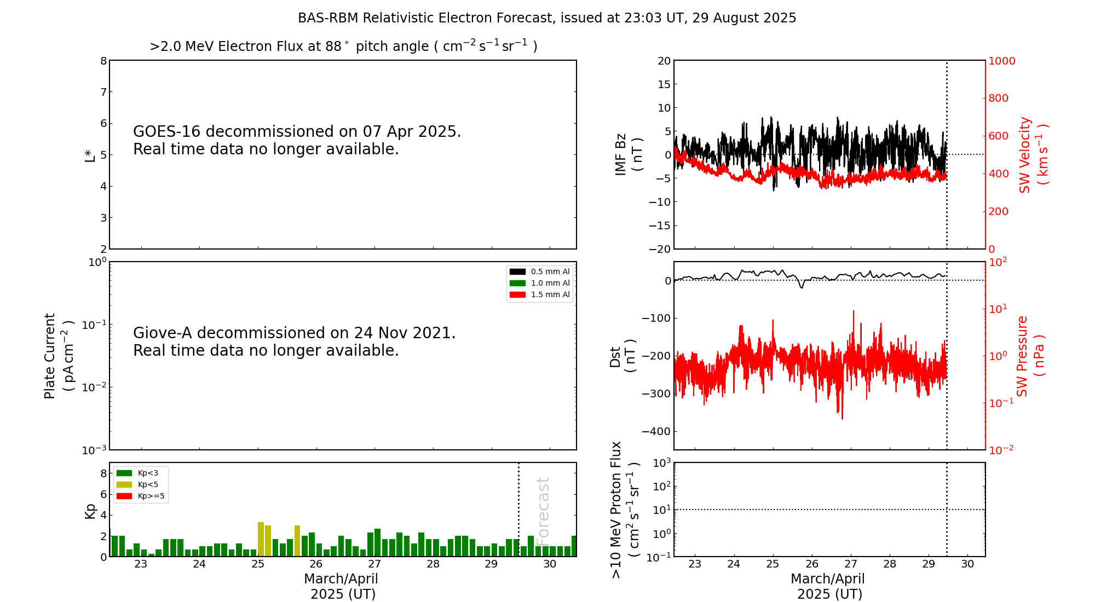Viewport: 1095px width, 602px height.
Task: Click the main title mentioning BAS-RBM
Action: click(546, 18)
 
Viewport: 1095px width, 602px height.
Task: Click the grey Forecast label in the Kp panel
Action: click(543, 508)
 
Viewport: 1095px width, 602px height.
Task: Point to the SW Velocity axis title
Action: click(1033, 155)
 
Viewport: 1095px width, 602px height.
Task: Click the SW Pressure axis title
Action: click(1029, 356)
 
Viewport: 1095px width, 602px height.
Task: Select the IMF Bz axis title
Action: click(628, 154)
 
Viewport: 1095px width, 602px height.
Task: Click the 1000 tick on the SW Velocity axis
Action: click(1001, 61)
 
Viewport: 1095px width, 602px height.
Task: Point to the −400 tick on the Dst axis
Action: click(656, 431)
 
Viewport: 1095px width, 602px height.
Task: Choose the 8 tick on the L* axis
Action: click(103, 61)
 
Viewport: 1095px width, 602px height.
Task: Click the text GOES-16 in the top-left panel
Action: click(167, 132)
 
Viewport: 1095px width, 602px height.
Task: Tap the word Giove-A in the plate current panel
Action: click(162, 333)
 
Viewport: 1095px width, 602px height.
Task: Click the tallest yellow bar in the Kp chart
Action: click(261, 539)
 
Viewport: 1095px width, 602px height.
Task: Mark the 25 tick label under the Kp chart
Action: click(258, 564)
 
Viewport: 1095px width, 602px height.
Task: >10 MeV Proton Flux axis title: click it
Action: click(624, 510)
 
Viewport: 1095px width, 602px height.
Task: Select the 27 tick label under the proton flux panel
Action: click(850, 564)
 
